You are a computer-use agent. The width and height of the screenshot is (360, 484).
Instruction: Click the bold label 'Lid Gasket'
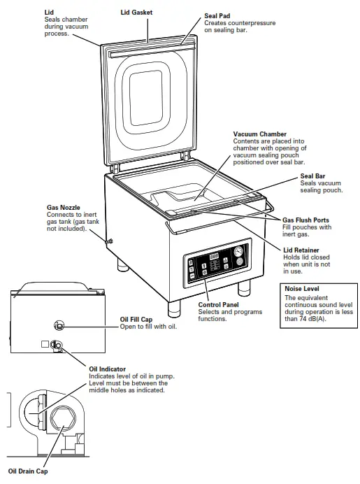click(136, 13)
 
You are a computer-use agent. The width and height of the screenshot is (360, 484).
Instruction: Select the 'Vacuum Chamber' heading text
click(260, 134)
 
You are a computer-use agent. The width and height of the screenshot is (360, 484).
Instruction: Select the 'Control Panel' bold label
click(219, 305)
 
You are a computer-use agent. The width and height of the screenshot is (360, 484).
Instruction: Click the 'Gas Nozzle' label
click(63, 207)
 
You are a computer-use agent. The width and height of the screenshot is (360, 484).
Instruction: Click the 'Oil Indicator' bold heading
click(108, 369)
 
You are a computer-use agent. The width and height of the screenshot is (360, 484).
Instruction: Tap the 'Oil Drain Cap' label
click(28, 471)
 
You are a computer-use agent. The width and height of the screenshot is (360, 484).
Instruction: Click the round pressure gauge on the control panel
click(239, 250)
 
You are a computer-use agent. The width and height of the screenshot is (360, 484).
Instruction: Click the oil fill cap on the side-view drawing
click(59, 324)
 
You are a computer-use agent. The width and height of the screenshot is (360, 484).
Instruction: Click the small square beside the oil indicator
click(45, 344)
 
